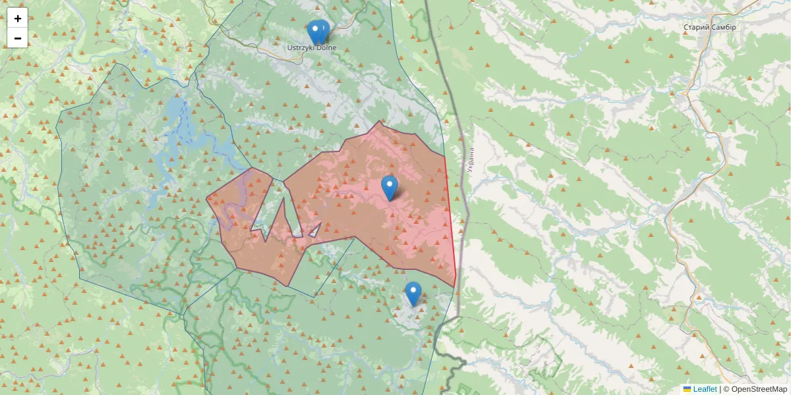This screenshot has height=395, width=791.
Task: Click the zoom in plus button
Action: pyautogui.click(x=18, y=18)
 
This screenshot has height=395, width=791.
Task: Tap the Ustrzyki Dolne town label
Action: pyautogui.click(x=312, y=47)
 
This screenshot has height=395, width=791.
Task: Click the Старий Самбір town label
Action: pyautogui.click(x=709, y=27)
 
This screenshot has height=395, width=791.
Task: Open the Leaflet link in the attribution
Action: pyautogui.click(x=705, y=389)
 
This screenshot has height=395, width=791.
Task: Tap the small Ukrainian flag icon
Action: pyautogui.click(x=688, y=389)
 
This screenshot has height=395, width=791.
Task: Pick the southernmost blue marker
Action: pyautogui.click(x=413, y=293)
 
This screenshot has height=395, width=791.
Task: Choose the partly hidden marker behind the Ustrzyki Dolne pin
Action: pyautogui.click(x=324, y=29)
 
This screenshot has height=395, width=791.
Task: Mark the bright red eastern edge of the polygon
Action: pyautogui.click(x=451, y=224)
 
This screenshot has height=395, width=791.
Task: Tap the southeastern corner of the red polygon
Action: pyautogui.click(x=455, y=286)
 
